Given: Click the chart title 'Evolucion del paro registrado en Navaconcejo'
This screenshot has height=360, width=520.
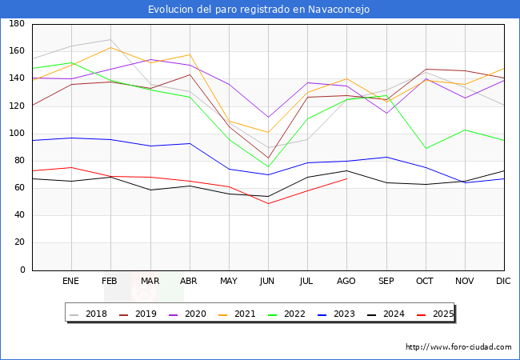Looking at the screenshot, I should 259,9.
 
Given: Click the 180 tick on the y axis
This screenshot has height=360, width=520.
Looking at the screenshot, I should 16,24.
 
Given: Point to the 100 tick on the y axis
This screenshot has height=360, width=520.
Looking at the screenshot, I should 16,134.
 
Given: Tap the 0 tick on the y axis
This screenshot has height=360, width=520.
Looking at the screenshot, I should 22,270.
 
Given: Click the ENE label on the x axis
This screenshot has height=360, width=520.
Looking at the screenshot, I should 71,282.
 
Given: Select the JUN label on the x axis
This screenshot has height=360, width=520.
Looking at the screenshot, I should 267,282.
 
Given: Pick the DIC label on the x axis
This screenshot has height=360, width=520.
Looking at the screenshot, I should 503,282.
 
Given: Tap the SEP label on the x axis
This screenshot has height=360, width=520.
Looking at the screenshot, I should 386,282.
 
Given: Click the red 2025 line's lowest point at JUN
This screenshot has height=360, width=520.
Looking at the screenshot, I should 267,203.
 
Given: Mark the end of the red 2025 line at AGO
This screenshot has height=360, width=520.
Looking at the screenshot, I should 346,178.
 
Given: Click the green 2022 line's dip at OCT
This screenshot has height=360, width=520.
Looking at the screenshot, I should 425,149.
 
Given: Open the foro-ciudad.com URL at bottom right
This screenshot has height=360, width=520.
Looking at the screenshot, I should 458,347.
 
